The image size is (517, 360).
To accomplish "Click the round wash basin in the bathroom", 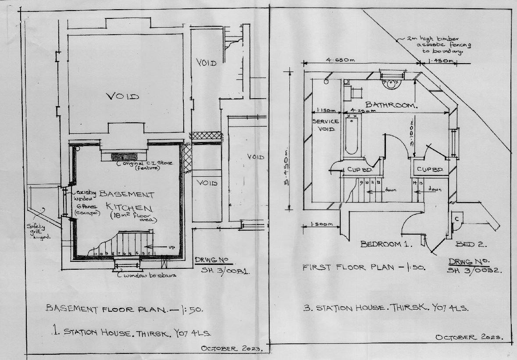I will pyautogui.click(x=390, y=83).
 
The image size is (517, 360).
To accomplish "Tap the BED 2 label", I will pyautogui.click(x=471, y=244).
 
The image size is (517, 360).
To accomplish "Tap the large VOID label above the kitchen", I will pyautogui.click(x=123, y=96).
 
